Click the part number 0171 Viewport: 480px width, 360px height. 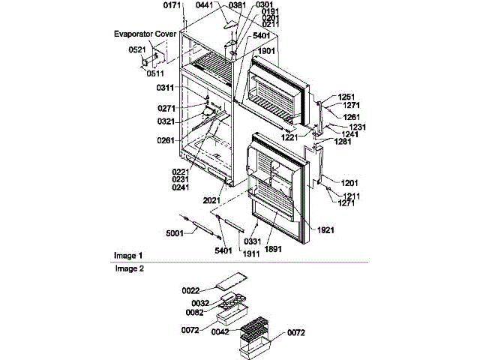172,6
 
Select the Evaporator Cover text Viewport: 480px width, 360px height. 145,34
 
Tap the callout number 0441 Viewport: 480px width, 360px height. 205,5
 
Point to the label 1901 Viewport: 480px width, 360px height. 266,51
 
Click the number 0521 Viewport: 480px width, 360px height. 137,50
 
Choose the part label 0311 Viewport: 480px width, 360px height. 166,88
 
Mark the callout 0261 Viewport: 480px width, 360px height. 166,140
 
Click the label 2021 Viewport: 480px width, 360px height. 212,200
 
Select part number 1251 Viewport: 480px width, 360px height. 346,97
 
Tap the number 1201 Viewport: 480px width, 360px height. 349,183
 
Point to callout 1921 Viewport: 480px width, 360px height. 325,229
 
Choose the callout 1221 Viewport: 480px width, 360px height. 291,137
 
